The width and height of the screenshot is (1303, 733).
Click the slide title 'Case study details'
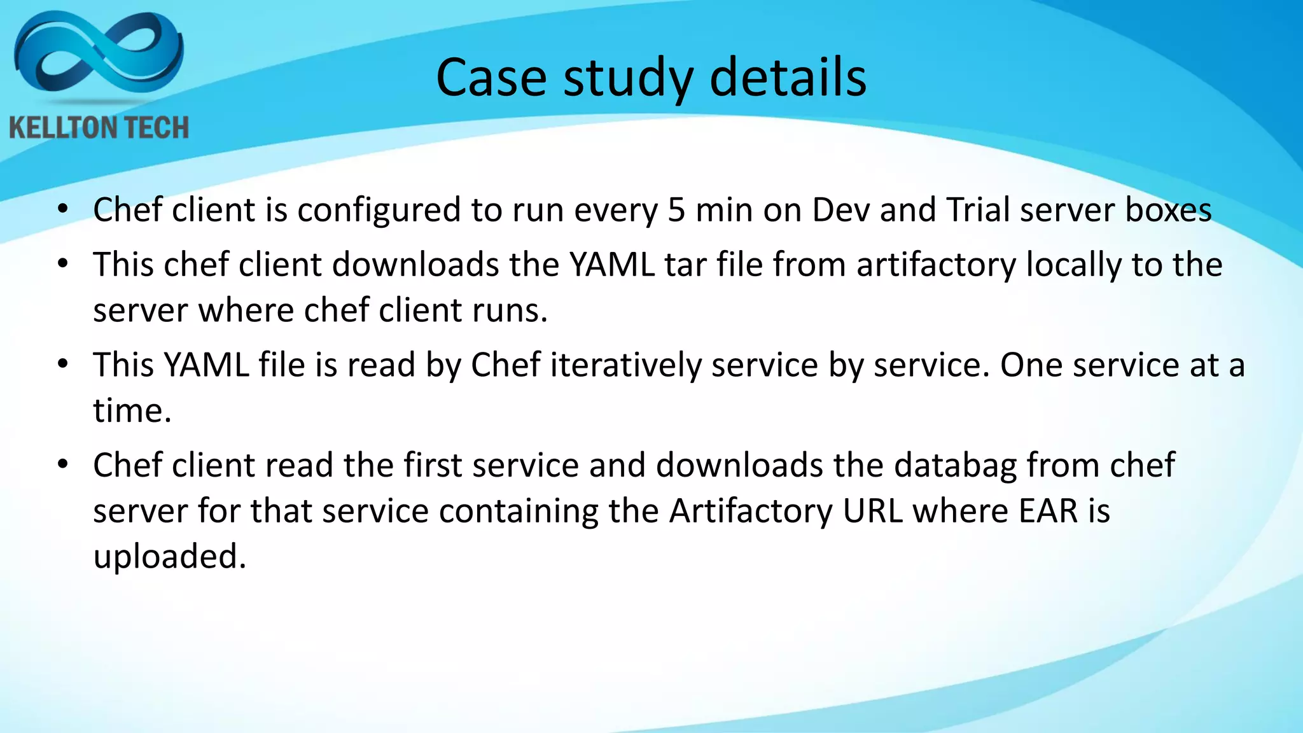tap(651, 78)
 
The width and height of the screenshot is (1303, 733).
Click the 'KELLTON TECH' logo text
tap(99, 128)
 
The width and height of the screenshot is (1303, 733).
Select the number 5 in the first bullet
tap(676, 210)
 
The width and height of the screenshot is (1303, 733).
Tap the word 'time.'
tap(132, 410)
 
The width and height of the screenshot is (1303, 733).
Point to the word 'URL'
tap(873, 511)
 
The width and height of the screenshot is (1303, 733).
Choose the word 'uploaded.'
tap(169, 557)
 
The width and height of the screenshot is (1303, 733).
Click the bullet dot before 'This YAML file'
tap(62, 365)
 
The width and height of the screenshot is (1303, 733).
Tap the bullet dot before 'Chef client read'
tap(62, 464)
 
